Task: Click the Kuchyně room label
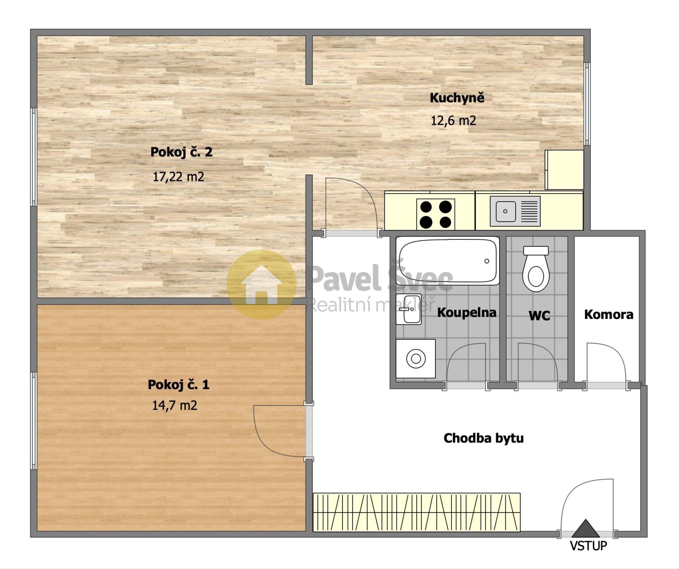(457, 98)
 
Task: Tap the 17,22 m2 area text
(178, 177)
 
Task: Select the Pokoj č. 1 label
(178, 385)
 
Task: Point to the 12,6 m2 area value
(453, 121)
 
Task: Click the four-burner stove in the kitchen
(435, 214)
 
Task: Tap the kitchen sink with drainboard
(515, 211)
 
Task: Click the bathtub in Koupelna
(448, 260)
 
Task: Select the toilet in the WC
(536, 269)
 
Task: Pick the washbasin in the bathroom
(409, 309)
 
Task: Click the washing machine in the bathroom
(415, 359)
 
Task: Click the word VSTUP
(588, 546)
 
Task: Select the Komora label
(609, 315)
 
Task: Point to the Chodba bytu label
(483, 438)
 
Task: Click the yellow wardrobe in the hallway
(417, 512)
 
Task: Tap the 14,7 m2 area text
(175, 406)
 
